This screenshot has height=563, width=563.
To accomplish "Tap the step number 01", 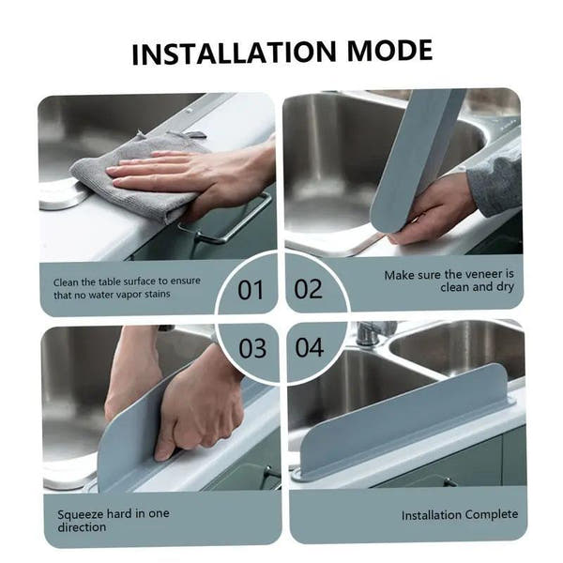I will point(251,290).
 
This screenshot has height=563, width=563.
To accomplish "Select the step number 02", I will point(309,289).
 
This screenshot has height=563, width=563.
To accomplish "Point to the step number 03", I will point(251,348).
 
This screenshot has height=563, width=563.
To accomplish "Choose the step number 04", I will point(310,348).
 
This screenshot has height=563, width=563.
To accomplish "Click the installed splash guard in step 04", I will point(403,422).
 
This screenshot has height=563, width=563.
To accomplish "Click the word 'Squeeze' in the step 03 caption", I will point(80,514).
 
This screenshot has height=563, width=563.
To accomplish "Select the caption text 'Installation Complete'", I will point(460,515).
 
